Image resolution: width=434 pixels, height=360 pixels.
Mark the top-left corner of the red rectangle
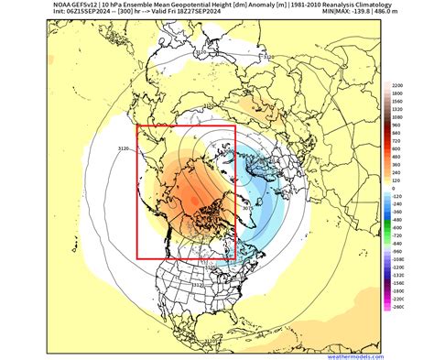(x=136, y=125)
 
